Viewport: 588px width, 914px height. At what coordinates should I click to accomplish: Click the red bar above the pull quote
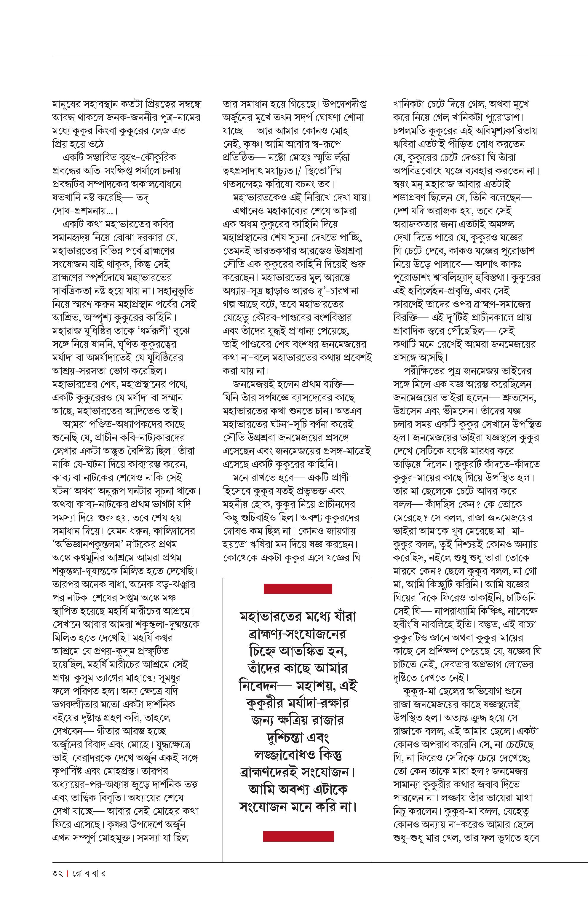tap(298, 588)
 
